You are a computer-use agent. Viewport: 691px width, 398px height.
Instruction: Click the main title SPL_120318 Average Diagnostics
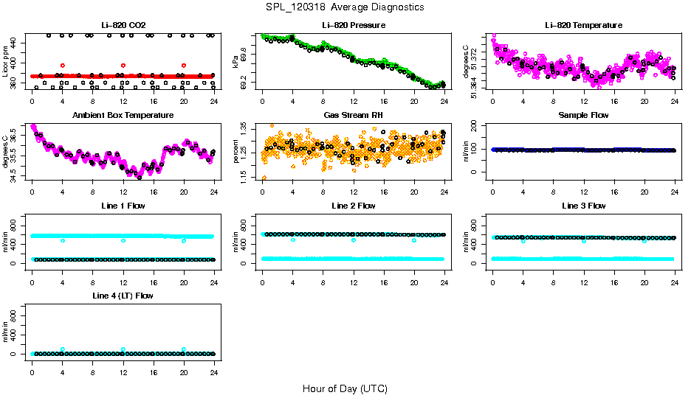click(345, 7)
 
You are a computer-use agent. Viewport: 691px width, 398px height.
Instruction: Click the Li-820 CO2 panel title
click(123, 26)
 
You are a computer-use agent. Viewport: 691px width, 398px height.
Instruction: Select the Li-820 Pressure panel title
click(353, 26)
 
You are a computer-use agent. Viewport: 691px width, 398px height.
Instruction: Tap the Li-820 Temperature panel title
click(583, 26)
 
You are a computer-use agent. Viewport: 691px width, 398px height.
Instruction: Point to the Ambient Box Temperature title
click(123, 116)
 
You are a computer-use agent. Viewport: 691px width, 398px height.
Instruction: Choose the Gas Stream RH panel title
click(353, 116)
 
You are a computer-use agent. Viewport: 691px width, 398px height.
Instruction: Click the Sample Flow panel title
click(583, 116)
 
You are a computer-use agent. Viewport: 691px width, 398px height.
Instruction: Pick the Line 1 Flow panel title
click(123, 206)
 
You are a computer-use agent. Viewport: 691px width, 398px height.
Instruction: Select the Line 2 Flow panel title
click(353, 206)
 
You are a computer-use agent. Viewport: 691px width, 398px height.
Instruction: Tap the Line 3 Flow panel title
click(583, 206)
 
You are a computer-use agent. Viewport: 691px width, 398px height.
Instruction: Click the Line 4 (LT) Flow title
click(123, 296)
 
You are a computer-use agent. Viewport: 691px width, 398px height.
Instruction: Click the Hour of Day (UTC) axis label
click(345, 388)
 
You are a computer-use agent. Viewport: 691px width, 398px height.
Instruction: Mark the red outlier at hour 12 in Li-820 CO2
click(123, 66)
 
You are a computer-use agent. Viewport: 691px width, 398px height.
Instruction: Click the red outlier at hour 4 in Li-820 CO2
click(63, 66)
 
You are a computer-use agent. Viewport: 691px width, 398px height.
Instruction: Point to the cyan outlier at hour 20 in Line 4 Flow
click(184, 349)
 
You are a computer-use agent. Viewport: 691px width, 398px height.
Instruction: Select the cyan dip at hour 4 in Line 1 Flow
click(63, 240)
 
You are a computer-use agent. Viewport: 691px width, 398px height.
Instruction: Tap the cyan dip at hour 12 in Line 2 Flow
click(354, 240)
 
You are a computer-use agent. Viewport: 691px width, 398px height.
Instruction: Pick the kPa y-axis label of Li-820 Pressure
click(235, 61)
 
